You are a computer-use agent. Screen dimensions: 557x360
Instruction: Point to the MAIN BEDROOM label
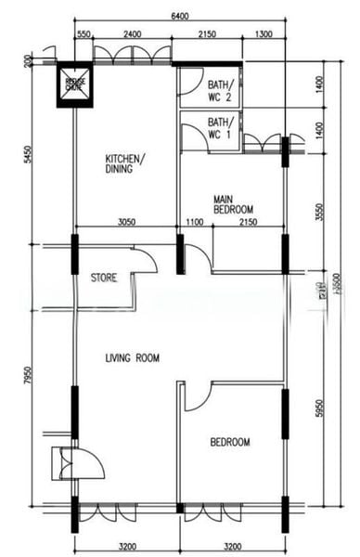pyautogui.click(x=233, y=204)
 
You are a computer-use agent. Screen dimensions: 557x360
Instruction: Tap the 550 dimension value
pyautogui.click(x=84, y=34)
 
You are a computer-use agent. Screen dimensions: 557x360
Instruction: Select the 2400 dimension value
pyautogui.click(x=133, y=34)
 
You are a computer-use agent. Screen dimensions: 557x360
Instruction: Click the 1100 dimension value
pyautogui.click(x=194, y=223)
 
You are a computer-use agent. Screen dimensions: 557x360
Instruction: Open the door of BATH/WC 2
pyautogui.click(x=188, y=87)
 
